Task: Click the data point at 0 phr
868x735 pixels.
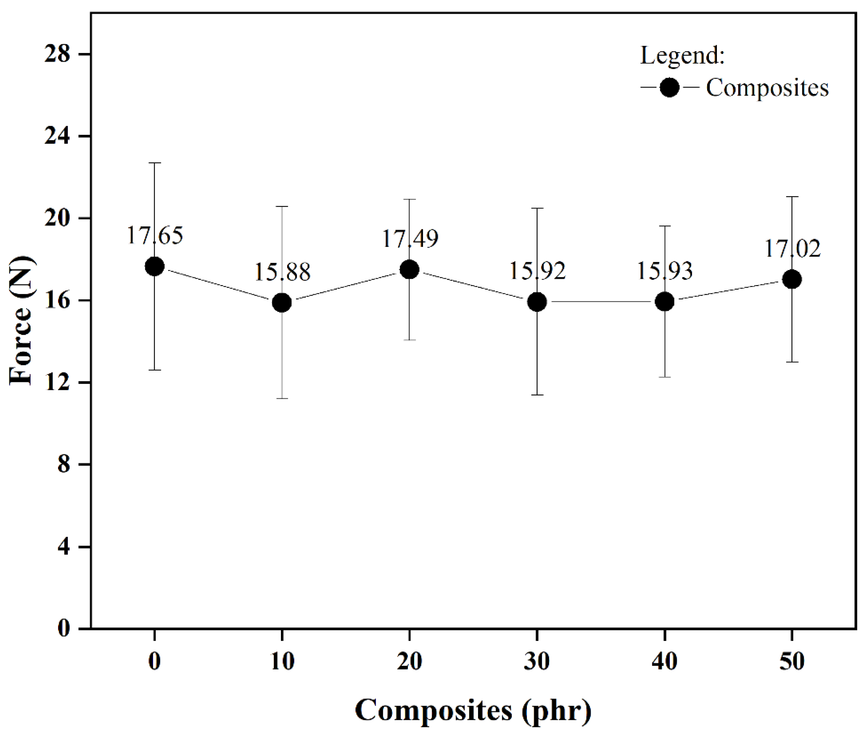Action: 154,267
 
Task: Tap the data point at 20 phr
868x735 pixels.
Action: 409,270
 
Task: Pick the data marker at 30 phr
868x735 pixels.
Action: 537,302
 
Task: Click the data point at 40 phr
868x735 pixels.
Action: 664,302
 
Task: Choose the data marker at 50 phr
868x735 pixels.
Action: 792,280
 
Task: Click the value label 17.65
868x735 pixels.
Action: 154,235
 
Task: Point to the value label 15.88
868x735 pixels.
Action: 282,272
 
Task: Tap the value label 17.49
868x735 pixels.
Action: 410,239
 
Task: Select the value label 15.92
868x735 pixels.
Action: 537,271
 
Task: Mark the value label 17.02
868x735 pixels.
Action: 793,249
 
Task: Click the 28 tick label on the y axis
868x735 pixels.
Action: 57,54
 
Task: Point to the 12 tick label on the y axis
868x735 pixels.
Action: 57,382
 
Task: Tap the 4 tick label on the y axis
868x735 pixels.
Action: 63,547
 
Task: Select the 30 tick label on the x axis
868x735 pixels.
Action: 537,661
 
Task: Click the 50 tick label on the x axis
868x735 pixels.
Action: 792,661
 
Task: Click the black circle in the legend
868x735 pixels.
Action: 669,88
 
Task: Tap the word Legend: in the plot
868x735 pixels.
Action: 682,56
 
